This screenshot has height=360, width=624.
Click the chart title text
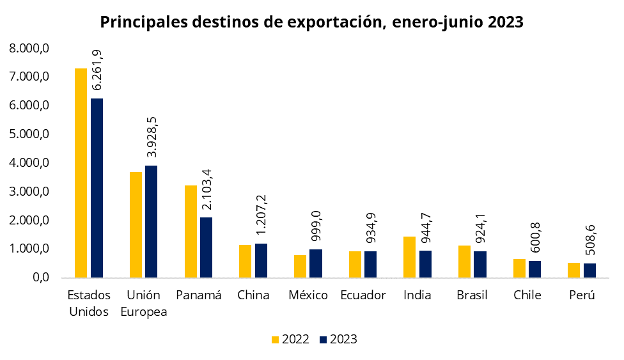coord(312,22)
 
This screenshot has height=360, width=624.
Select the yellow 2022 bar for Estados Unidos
coord(81,173)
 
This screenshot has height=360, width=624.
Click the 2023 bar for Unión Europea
coord(151,221)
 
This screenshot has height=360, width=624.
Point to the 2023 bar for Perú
coord(589,270)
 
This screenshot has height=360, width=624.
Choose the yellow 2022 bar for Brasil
coord(464,262)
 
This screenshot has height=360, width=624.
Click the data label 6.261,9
coord(98,68)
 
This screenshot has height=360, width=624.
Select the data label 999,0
coord(316,225)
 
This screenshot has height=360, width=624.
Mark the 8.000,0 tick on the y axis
coord(29,49)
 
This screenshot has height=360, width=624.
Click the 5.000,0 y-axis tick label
coord(29,134)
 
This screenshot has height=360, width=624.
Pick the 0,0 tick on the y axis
coord(38,278)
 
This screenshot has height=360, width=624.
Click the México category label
coord(308,295)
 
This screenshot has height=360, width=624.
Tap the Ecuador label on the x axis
coord(363,295)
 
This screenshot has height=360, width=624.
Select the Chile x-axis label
coord(527,295)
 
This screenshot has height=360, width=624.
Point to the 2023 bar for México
coord(316,263)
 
